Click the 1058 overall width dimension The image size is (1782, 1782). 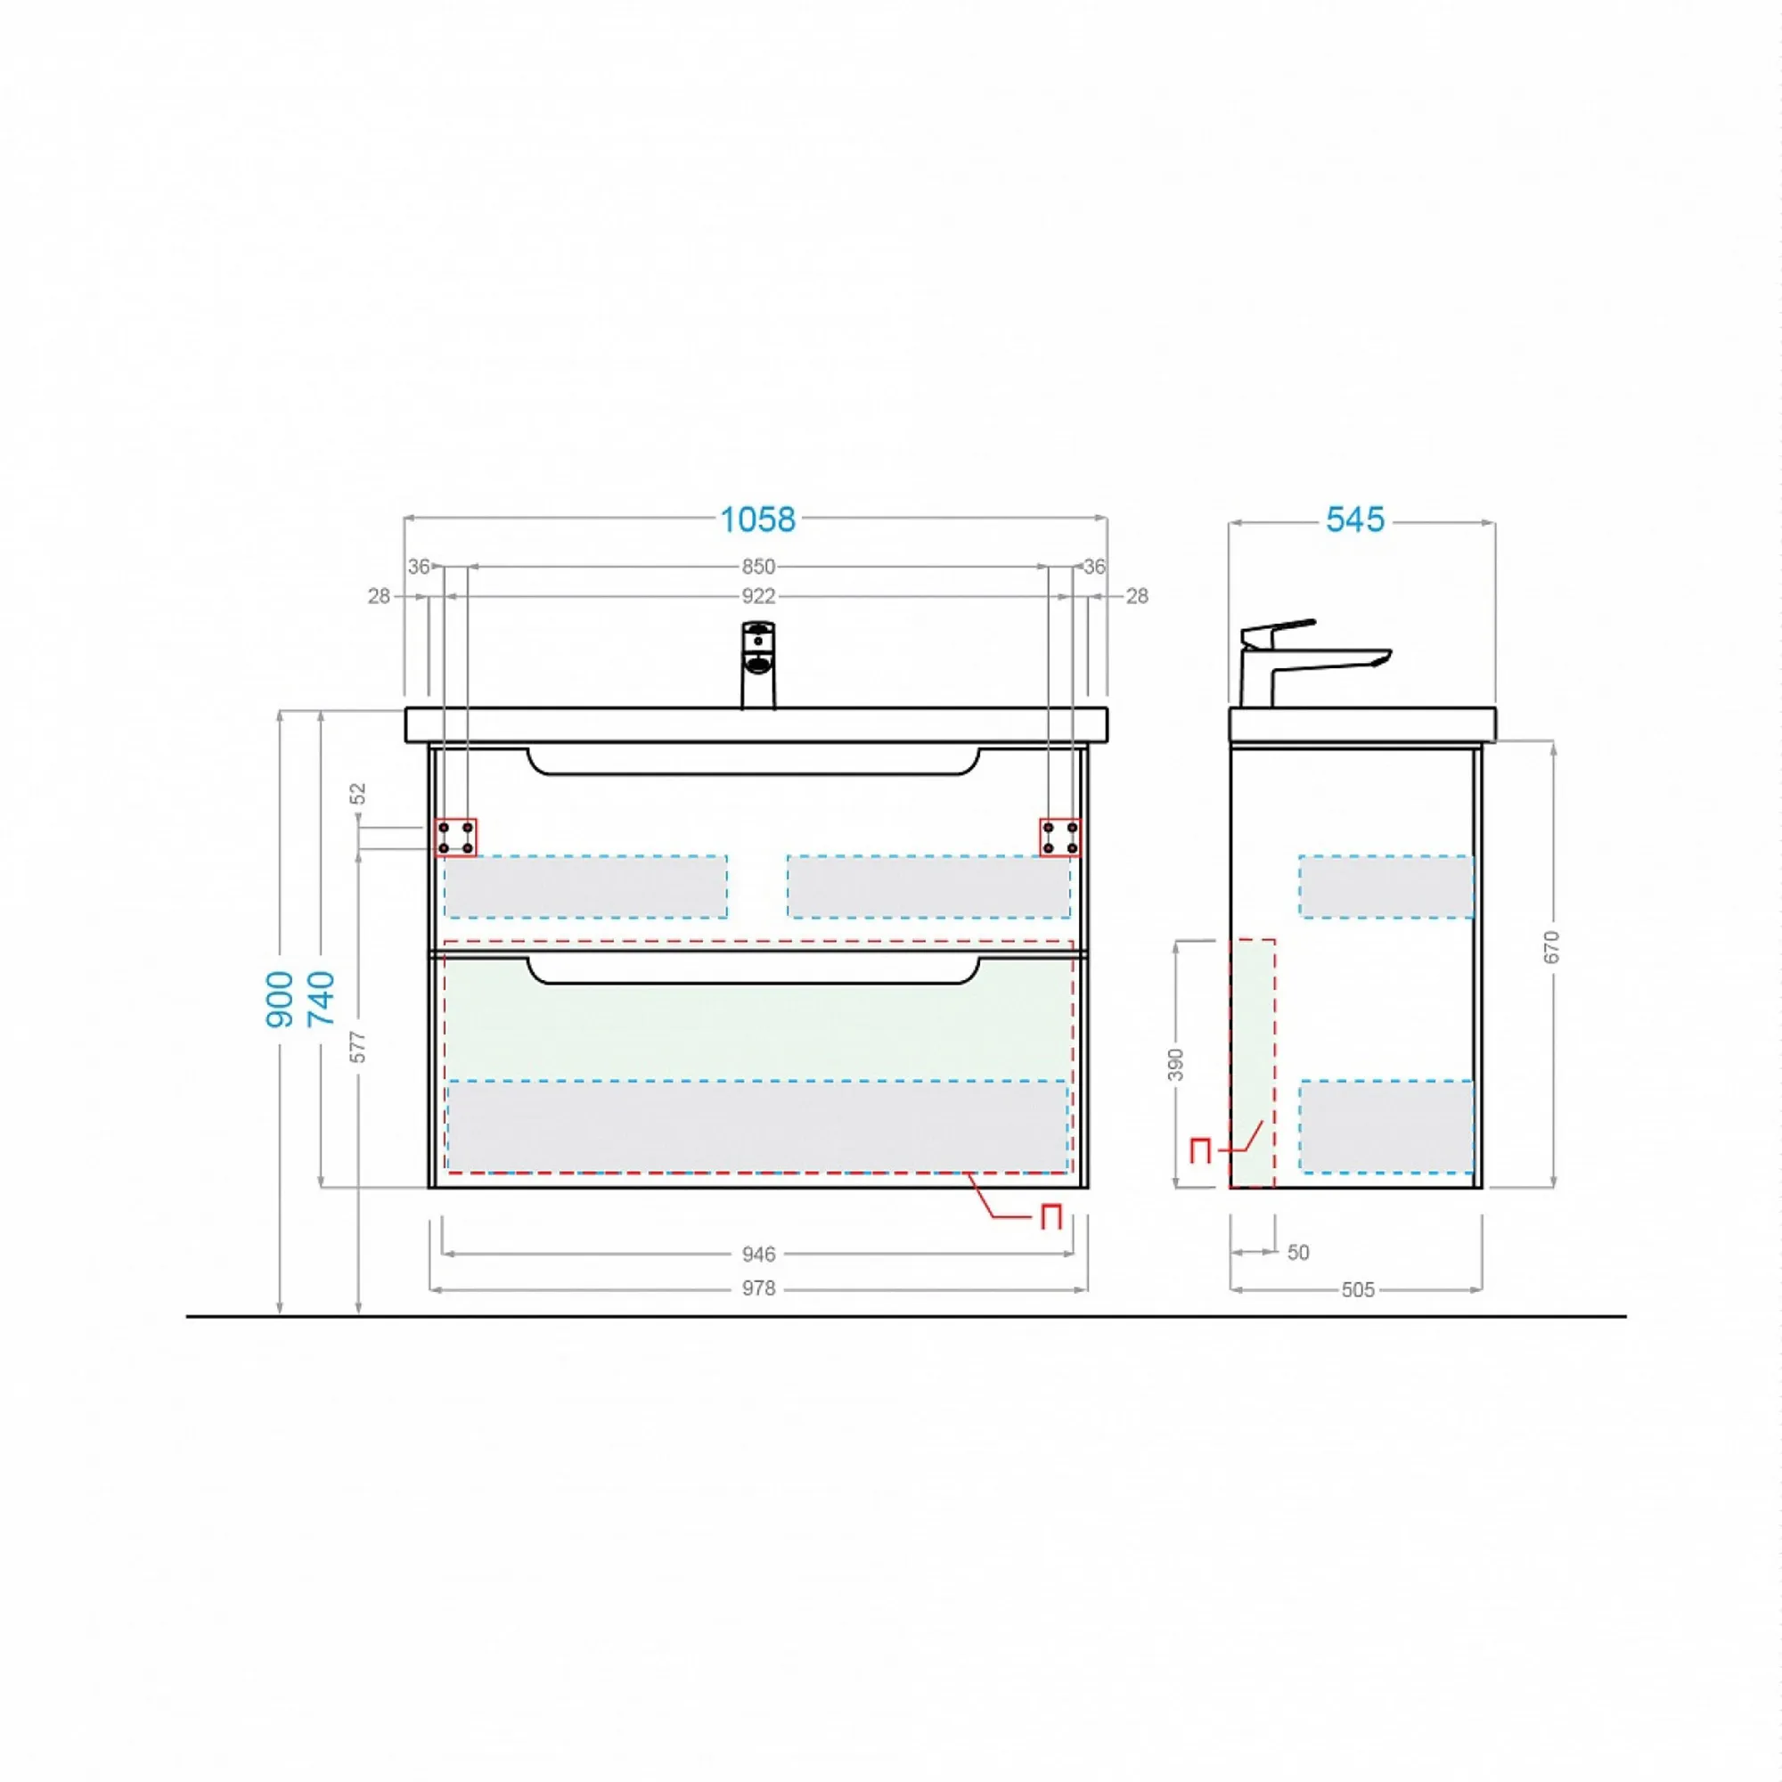point(757,520)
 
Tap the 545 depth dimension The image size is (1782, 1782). point(1355,520)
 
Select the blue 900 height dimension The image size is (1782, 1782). point(281,999)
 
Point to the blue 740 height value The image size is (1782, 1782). point(321,999)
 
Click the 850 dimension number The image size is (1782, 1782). point(758,568)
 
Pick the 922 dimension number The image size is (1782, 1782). point(758,597)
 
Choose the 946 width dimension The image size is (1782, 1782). point(759,1255)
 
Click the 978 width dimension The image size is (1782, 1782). point(759,1288)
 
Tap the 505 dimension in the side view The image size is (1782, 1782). point(1358,1290)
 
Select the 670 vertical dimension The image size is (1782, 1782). point(1551,947)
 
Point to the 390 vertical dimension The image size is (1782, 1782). point(1175,1065)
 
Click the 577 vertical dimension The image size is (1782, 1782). point(359,1047)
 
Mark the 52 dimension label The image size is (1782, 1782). point(359,793)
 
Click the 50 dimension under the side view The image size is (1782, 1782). point(1299,1253)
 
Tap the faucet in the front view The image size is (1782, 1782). point(758,664)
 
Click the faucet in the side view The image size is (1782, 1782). point(1310,662)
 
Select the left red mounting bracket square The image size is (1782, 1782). point(455,838)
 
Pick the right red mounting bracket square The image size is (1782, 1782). point(1059,838)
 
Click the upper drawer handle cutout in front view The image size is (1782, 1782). point(753,762)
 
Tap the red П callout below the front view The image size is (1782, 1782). point(1050,1217)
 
